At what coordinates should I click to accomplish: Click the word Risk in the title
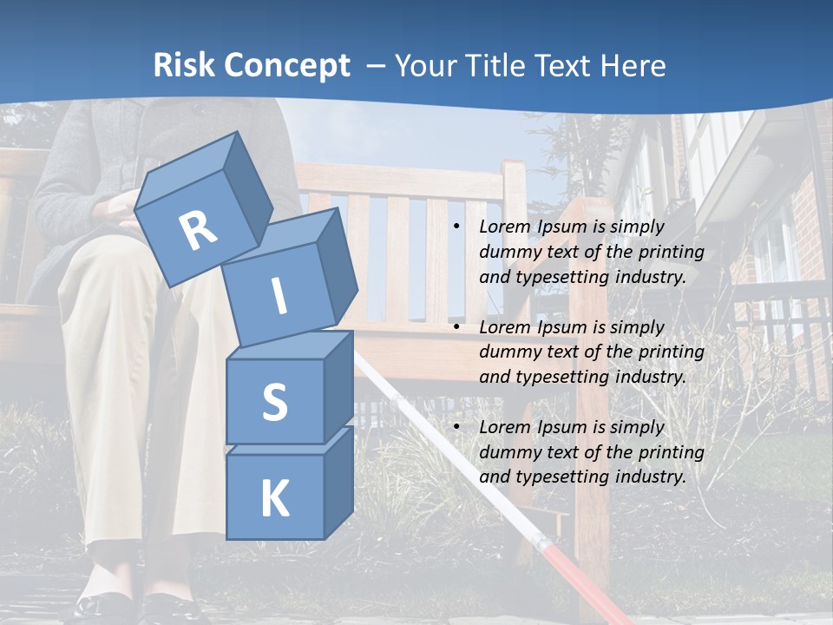coord(184,66)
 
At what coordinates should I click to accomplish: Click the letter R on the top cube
coord(198,231)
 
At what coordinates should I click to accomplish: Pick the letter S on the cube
coord(274,402)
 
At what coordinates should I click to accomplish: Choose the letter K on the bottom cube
coord(274,499)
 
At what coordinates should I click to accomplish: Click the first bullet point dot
coord(456,227)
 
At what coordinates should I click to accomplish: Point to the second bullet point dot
coord(456,328)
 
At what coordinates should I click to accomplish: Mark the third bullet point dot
coord(456,428)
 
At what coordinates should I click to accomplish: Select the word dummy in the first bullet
coord(508,253)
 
